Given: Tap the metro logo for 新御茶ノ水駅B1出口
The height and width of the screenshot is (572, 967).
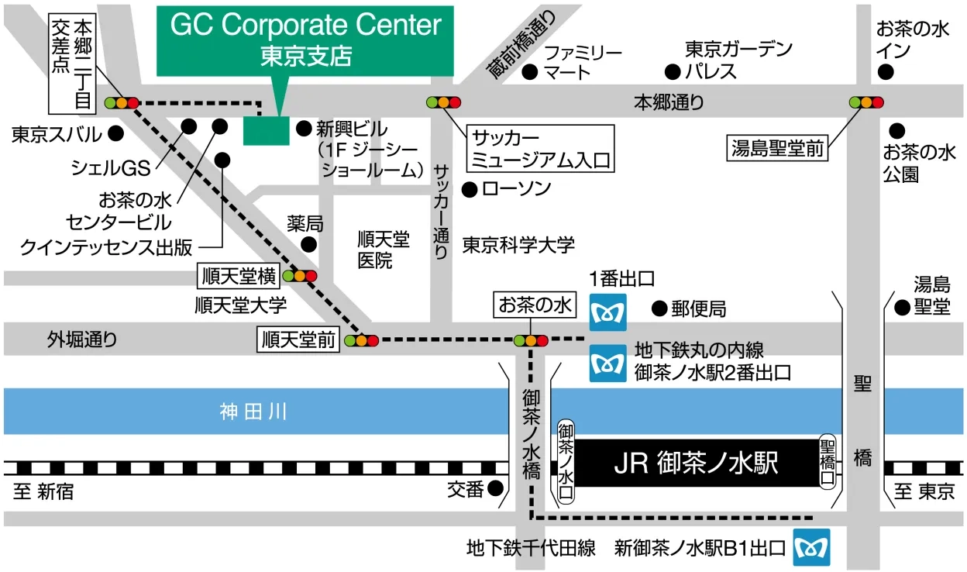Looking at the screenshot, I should tap(810, 548).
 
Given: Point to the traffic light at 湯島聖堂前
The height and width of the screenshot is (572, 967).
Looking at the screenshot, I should tap(866, 102).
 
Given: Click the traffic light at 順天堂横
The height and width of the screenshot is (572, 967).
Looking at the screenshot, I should tap(300, 275).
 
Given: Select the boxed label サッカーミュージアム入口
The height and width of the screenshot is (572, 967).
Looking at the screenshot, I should tap(541, 149).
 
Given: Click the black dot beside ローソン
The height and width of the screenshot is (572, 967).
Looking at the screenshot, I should tap(468, 188).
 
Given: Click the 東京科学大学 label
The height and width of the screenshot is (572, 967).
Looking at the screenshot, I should tap(518, 246).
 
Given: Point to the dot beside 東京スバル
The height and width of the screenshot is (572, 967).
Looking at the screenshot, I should tap(115, 134).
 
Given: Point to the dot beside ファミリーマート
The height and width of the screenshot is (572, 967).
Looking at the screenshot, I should tap(530, 72).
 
